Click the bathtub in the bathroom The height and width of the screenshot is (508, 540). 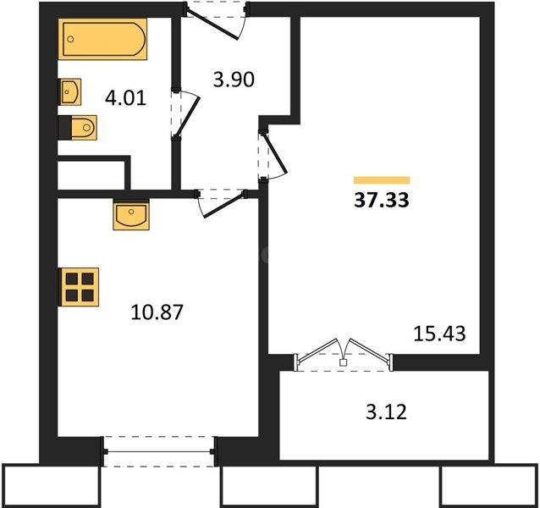[x=102, y=39]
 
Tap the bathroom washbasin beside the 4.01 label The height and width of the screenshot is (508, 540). [x=70, y=91]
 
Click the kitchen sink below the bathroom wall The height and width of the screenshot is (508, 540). [x=131, y=214]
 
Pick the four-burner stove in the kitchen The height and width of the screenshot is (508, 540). [x=80, y=287]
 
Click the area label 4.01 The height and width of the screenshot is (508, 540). [x=126, y=98]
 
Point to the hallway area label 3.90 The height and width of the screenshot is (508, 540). [x=234, y=80]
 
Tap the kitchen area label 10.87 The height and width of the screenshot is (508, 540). [x=157, y=312]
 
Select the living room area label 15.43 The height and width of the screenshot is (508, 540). [x=439, y=334]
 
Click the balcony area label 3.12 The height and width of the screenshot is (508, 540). [x=387, y=412]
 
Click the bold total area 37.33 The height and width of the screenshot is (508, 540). [x=382, y=200]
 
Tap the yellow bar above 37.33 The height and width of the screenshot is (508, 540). [x=382, y=180]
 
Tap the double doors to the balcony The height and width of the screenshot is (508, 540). [x=343, y=355]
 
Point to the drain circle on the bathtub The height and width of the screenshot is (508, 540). [x=70, y=39]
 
